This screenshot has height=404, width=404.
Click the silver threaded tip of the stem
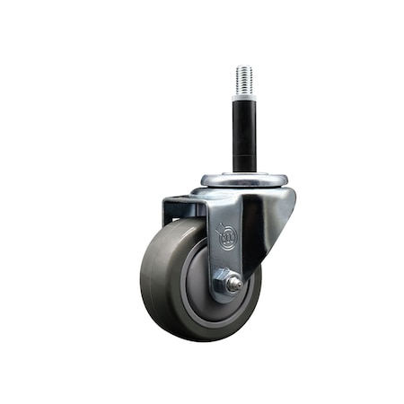coord(244,78)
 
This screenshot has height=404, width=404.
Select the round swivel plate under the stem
coord(244,179)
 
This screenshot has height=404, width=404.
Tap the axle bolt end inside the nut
coord(233,285)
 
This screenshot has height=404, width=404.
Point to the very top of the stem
coord(244,66)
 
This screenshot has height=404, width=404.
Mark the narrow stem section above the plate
coord(244,160)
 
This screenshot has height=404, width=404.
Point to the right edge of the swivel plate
coord(286,180)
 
